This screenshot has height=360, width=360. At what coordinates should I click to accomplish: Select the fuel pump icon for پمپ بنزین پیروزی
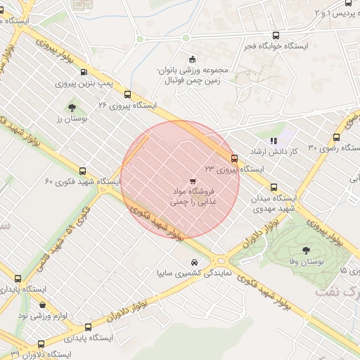tap(84, 72)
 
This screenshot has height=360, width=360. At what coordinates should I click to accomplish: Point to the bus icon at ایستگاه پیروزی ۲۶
tap(127, 94)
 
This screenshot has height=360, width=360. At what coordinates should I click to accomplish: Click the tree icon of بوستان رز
tap(72, 108)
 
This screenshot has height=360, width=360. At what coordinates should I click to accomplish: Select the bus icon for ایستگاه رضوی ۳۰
tap(337, 138)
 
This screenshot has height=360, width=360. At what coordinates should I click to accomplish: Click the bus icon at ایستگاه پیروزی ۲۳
tap(234, 158)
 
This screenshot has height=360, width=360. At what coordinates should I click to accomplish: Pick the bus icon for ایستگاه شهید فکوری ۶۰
tap(83, 171)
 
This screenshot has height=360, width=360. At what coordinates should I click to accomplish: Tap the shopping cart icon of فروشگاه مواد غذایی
tap(193, 181)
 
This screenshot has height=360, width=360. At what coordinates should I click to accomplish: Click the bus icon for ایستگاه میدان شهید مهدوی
tap(274, 187)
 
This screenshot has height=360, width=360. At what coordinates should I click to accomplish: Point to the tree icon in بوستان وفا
tap(306, 250)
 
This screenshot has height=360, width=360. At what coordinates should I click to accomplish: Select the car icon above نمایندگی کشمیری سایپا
tap(194, 262)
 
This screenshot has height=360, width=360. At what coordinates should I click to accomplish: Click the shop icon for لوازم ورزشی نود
tap(44, 305)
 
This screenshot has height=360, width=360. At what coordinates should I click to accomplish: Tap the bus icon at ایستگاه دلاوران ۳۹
tap(41, 345)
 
